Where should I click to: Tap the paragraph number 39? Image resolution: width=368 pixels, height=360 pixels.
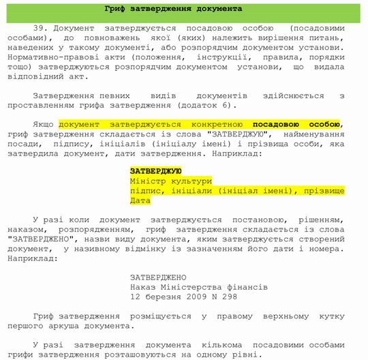tap(40, 29)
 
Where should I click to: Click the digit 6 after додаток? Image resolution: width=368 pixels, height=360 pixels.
tap(229, 105)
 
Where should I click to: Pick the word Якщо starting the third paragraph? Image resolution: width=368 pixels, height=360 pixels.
tap(43, 125)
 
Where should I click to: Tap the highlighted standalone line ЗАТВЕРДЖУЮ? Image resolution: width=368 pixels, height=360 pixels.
tap(155, 170)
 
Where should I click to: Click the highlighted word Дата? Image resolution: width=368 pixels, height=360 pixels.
tap(140, 201)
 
